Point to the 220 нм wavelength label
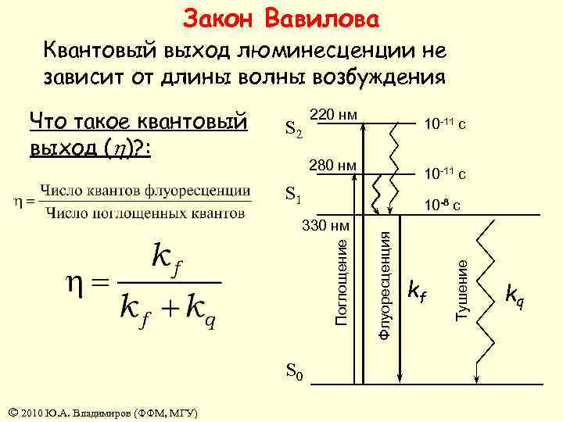[x=334, y=116]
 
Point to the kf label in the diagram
[x=418, y=291]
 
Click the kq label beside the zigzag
[x=515, y=295]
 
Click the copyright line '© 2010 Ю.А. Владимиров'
[x=102, y=413]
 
